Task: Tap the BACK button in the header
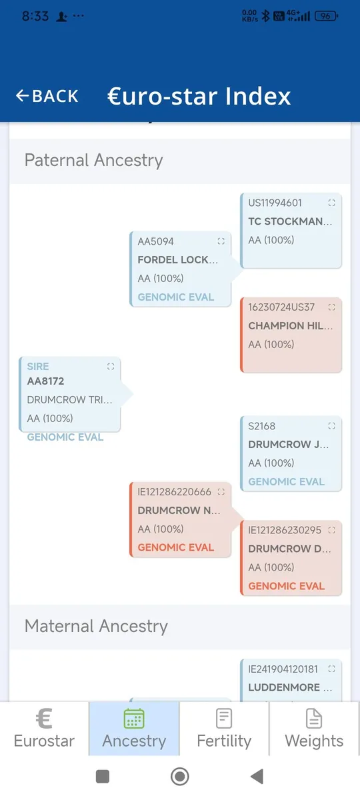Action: click(47, 96)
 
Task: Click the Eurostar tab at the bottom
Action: click(44, 729)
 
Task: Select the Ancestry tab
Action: click(134, 729)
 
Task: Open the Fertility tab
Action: click(224, 729)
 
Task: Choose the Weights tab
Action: click(314, 729)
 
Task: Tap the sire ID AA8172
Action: click(46, 381)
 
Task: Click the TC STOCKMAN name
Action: click(291, 221)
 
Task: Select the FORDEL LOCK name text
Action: click(178, 259)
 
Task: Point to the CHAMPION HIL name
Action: click(291, 326)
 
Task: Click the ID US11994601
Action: click(275, 203)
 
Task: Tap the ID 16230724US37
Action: click(281, 307)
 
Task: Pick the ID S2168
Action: click(262, 426)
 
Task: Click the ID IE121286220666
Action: click(175, 492)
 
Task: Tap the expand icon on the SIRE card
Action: click(111, 367)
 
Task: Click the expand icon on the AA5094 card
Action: click(221, 241)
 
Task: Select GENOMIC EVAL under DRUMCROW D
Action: click(287, 586)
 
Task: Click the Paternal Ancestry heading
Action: click(93, 161)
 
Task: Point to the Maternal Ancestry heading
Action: click(96, 627)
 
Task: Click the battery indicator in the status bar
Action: click(327, 16)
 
